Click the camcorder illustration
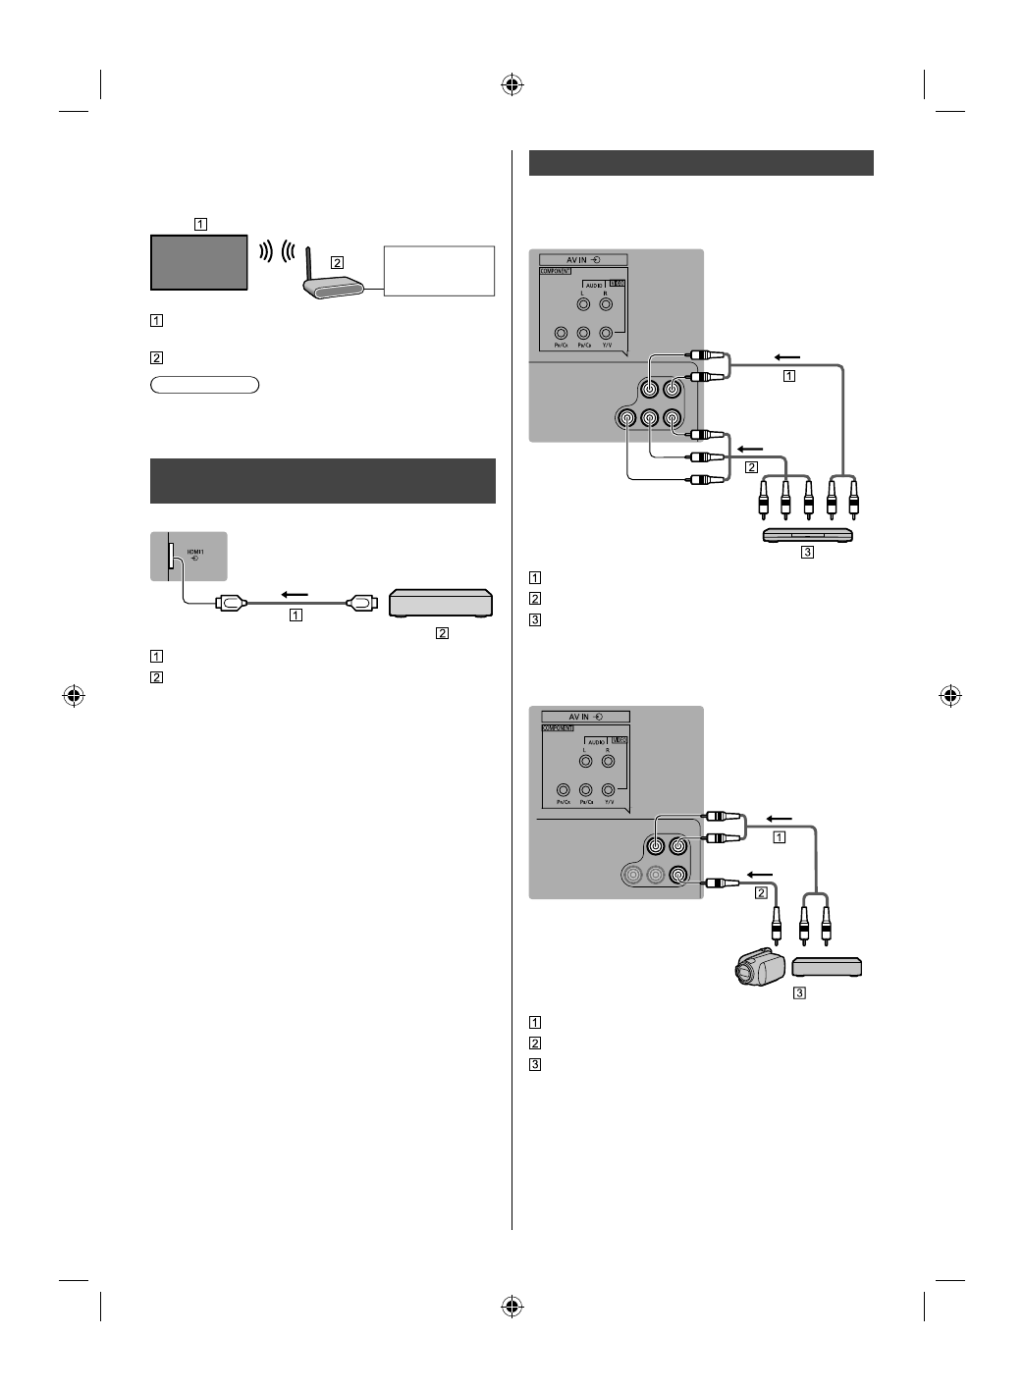coord(757,968)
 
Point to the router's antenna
coord(308,268)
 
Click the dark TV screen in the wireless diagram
coord(197,262)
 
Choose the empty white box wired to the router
coord(440,270)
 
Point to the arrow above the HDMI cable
coord(295,594)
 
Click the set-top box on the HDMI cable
coord(441,603)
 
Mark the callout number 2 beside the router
coord(338,263)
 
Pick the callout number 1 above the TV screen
coord(200,223)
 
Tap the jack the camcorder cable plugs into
coord(677,876)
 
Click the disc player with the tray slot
coord(808,535)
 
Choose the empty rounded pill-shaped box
coord(204,385)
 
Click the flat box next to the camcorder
coord(827,968)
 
